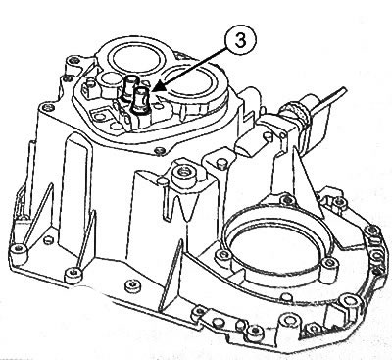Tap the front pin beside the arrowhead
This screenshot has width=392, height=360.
(141, 100)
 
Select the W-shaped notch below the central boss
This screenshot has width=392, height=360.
(185, 207)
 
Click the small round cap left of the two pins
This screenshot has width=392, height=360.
(111, 80)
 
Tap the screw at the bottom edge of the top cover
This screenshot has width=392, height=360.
(160, 151)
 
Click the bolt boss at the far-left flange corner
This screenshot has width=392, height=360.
(19, 252)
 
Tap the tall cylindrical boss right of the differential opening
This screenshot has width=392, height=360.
(327, 270)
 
